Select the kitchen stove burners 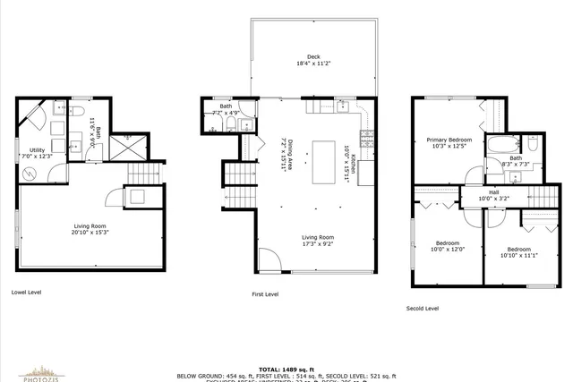coord(365,139)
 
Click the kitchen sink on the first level coord(323,106)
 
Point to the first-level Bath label coord(226,106)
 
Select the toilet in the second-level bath coord(532,143)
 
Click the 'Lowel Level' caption coord(26,292)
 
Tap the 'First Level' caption coord(264,293)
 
